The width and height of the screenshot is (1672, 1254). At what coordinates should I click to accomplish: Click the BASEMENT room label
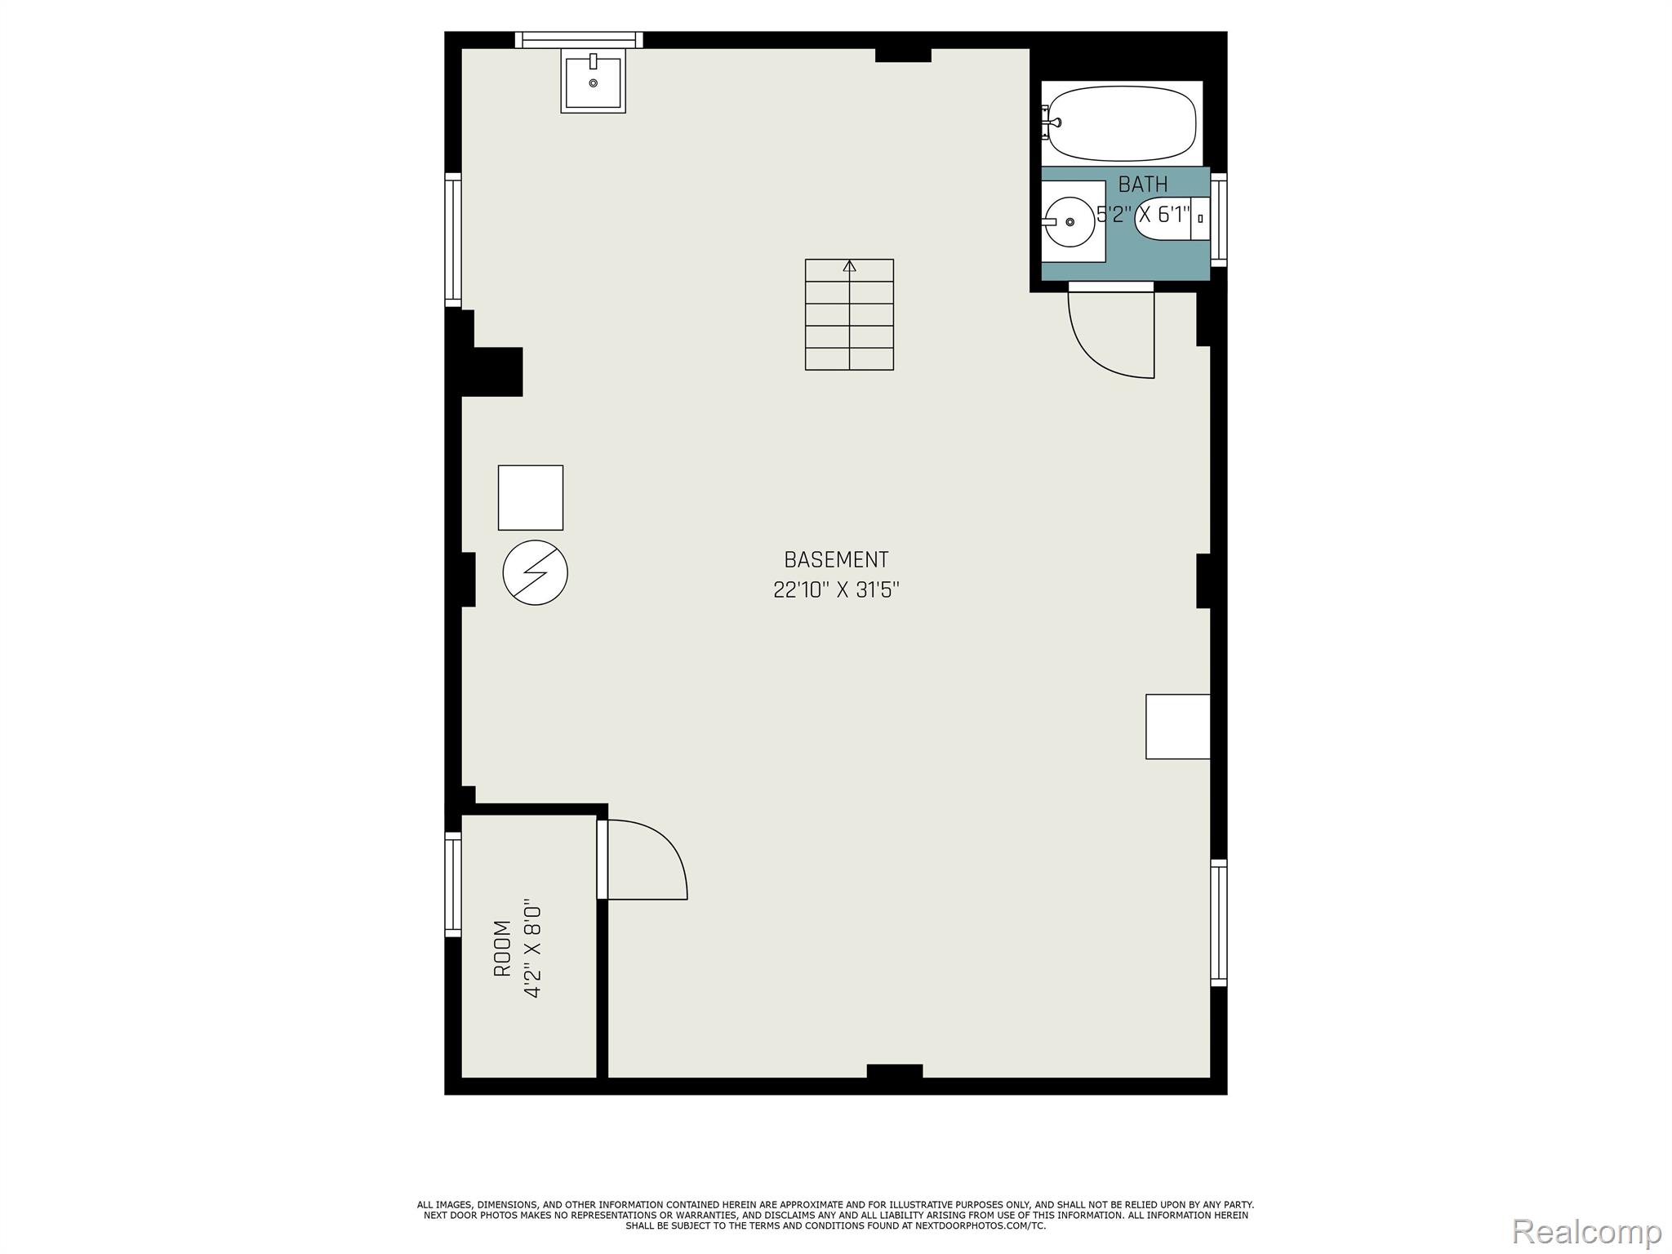pos(836,560)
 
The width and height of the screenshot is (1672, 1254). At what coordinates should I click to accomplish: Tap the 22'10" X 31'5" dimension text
pos(836,589)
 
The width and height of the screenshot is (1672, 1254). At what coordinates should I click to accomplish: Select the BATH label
pos(1143,185)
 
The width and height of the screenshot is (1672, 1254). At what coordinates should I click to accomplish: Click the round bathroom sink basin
pos(1069,222)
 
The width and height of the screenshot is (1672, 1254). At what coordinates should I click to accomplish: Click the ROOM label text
pos(502,949)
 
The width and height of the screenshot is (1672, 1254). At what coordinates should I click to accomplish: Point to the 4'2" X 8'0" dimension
pos(532,951)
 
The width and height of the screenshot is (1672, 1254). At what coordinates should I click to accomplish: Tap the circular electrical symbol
pos(536,572)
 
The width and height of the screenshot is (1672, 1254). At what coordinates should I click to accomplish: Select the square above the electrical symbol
pos(531,498)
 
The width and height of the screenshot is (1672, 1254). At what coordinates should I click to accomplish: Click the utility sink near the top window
pos(594,80)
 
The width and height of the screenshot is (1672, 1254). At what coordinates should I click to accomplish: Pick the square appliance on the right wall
pos(1178,727)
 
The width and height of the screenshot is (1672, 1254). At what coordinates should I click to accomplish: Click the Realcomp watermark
pos(1586,1231)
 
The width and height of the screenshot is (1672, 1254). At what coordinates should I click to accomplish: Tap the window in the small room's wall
pos(452,884)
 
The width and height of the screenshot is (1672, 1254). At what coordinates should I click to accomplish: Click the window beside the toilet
pos(1219,220)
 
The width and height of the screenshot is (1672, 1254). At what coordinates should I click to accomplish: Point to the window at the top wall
pos(579,40)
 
